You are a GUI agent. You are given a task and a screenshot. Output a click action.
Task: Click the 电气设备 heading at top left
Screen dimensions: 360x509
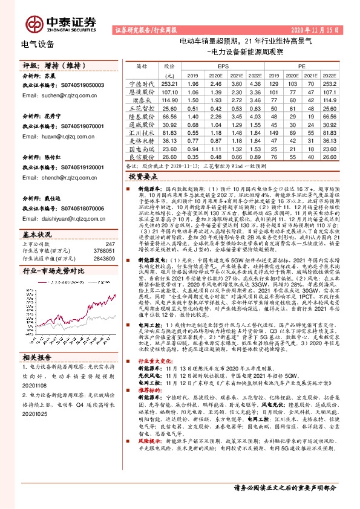coord(38,44)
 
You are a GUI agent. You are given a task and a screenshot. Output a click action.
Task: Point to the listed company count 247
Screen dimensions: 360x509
coord(110,243)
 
